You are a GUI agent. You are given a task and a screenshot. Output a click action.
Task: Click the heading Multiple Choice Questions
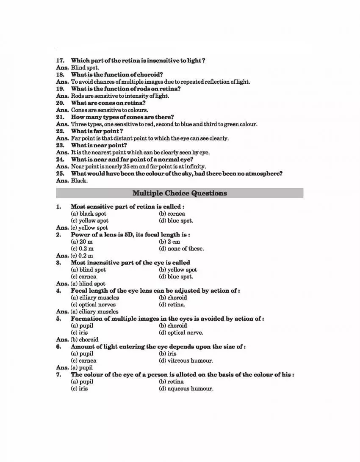click(180, 193)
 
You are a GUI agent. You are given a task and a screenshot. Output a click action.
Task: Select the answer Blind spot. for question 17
click(85, 68)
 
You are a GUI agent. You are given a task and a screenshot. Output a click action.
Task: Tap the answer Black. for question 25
click(79, 181)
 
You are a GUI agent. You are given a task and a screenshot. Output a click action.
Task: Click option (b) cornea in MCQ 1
click(172, 214)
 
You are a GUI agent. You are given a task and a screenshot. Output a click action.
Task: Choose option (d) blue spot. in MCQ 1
click(176, 221)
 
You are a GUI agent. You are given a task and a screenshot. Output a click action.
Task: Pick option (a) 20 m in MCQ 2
click(82, 242)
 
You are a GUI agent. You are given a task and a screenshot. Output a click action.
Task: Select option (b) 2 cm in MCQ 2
click(169, 242)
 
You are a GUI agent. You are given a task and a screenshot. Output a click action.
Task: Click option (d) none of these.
click(181, 249)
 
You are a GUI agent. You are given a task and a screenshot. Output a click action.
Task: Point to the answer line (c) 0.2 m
click(82, 256)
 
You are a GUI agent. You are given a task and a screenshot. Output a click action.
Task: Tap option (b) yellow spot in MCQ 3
click(178, 269)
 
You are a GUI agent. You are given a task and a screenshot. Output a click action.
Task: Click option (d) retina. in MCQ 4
click(172, 305)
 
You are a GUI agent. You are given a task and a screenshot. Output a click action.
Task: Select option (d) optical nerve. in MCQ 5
click(181, 333)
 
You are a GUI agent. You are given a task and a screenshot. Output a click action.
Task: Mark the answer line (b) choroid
click(84, 339)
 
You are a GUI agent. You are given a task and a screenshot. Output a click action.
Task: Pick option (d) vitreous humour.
click(186, 361)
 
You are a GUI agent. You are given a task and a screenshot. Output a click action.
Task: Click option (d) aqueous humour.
click(186, 389)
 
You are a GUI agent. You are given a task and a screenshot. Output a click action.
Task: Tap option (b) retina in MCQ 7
click(171, 382)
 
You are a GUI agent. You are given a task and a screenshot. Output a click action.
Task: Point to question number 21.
click(60, 117)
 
